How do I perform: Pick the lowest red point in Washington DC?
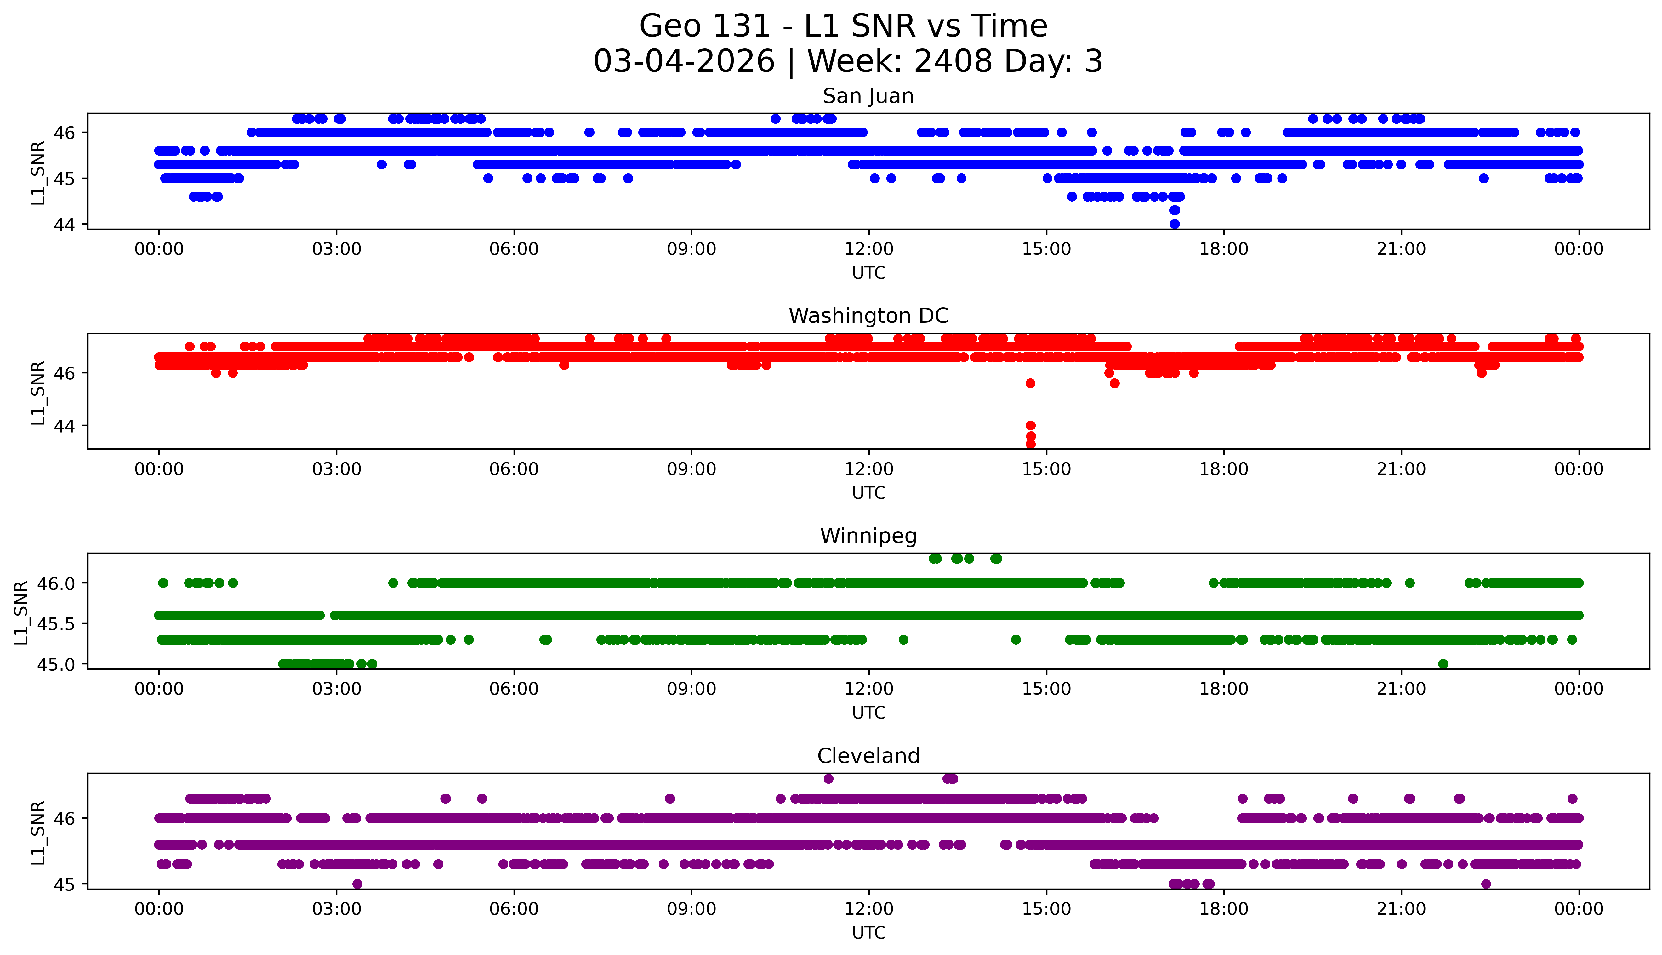pyautogui.click(x=1030, y=444)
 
